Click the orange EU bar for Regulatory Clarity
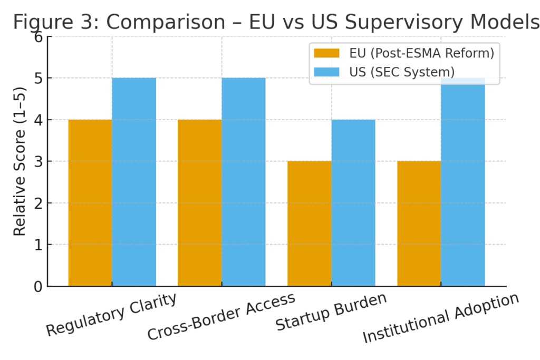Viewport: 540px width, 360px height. click(90, 203)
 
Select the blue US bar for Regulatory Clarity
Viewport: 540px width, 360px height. click(134, 182)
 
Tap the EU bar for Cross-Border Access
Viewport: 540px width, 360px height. click(199, 203)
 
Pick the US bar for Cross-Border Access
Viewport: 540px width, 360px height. click(243, 182)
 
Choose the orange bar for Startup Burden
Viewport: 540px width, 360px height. click(309, 223)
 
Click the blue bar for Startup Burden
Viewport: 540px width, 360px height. click(353, 203)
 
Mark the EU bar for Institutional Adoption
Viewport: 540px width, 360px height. click(419, 223)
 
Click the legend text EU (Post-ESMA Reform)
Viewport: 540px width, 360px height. click(421, 53)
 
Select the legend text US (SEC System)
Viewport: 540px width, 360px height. click(401, 71)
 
